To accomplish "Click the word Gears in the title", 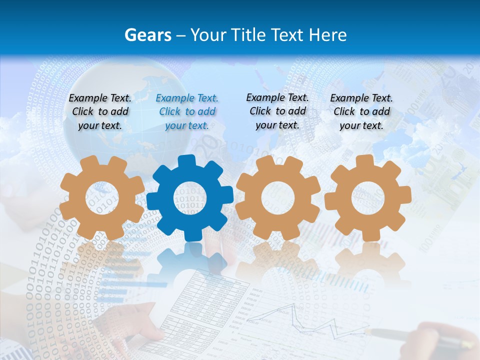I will (x=147, y=35).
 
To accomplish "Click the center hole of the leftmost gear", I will (x=102, y=198).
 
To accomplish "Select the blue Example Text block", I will (x=187, y=112).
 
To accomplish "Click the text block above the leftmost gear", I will (x=100, y=112).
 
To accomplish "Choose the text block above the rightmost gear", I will (x=361, y=112).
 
